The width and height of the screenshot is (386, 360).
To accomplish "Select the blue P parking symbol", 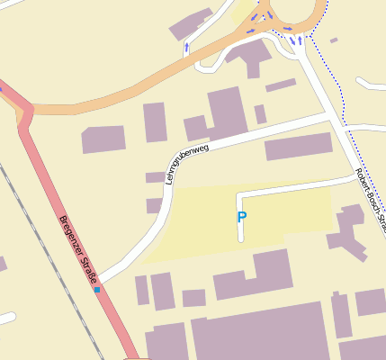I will [x=241, y=217].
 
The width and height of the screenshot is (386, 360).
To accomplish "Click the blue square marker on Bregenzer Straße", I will [x=97, y=290].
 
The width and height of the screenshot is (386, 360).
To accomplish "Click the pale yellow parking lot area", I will [x=198, y=225].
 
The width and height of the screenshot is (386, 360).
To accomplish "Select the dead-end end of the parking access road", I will [x=241, y=238].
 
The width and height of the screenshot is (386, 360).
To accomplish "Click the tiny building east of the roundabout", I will [x=334, y=40].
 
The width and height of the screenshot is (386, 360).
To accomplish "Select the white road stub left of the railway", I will [x=6, y=319].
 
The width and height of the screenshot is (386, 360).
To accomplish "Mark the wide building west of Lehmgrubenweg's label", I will [x=103, y=139].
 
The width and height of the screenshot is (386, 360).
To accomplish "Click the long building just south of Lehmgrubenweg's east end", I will [x=298, y=146].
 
